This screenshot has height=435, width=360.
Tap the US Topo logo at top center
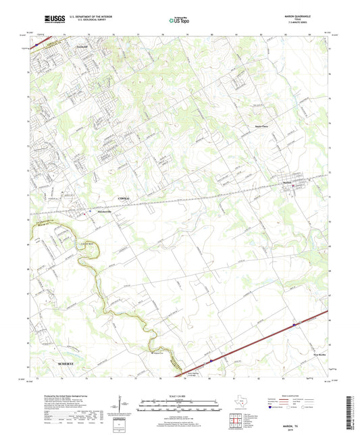coord(177,21)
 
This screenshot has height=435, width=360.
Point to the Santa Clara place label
coord(259,125)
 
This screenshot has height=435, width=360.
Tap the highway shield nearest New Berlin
coord(295,326)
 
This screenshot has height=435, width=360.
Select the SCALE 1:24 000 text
coord(180,396)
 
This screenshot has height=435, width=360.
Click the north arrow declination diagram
coord(124,405)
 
